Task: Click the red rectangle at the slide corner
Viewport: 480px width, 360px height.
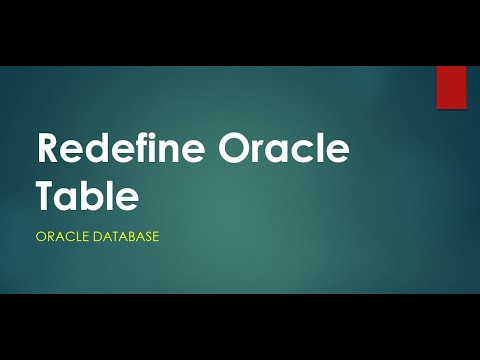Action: pyautogui.click(x=451, y=87)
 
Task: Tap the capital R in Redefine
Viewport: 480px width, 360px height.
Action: pyautogui.click(x=48, y=151)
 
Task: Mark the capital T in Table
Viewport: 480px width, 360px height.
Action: pyautogui.click(x=46, y=195)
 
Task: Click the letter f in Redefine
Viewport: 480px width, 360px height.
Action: pyautogui.click(x=124, y=150)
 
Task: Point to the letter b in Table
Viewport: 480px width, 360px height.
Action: pyautogui.click(x=98, y=195)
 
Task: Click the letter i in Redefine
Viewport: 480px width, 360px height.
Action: pyautogui.click(x=136, y=150)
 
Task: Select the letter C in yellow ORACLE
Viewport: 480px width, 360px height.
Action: pyautogui.click(x=65, y=238)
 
